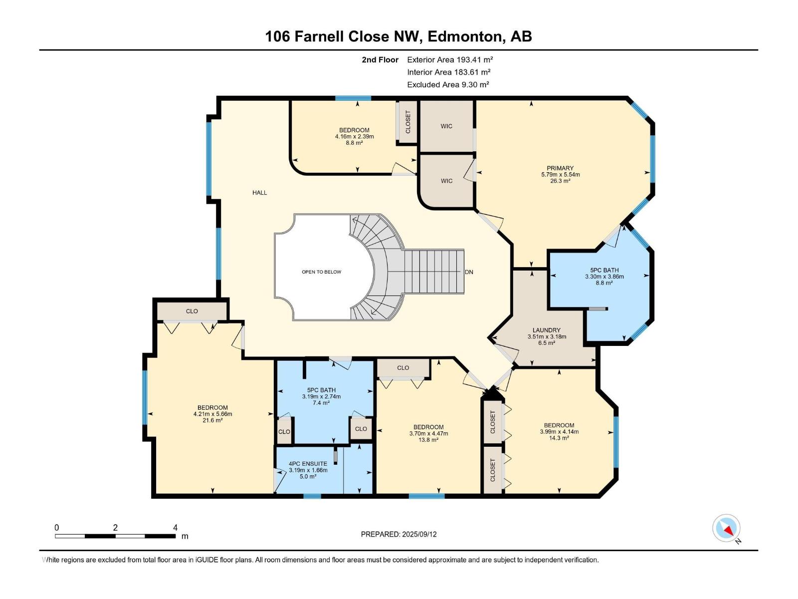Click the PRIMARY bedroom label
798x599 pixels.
(x=560, y=168)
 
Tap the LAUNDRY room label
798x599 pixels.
(x=547, y=330)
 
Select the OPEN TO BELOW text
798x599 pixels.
(x=321, y=272)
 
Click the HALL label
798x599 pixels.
(x=259, y=193)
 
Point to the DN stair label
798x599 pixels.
(x=469, y=272)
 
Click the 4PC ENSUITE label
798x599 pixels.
(x=308, y=464)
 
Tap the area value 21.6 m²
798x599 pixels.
(x=212, y=420)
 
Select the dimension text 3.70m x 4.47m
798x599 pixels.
(x=428, y=433)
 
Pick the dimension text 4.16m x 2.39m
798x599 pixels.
(x=355, y=137)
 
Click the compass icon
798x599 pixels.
(x=726, y=528)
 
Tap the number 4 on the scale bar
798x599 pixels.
(x=175, y=528)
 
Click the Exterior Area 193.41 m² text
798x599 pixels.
(x=450, y=59)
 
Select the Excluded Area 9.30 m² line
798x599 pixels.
(x=448, y=85)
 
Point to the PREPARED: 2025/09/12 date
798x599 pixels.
(x=399, y=534)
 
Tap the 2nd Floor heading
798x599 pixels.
(x=380, y=59)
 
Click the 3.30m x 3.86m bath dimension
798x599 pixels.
(x=604, y=277)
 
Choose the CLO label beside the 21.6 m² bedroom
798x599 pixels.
(x=192, y=311)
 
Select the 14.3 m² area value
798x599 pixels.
(x=559, y=438)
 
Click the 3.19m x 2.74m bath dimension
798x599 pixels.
(x=321, y=396)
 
